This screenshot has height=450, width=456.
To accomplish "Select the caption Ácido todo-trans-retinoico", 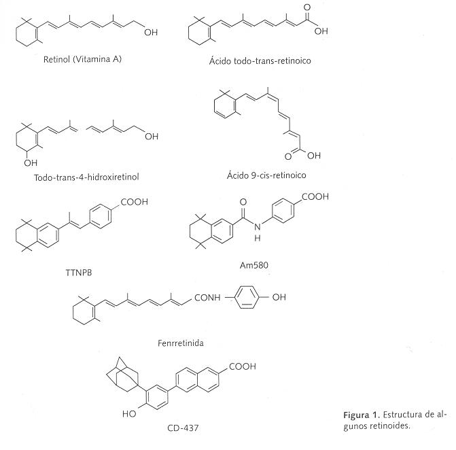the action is [x=260, y=60].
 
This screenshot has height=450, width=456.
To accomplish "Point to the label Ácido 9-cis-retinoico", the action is [x=266, y=175].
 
